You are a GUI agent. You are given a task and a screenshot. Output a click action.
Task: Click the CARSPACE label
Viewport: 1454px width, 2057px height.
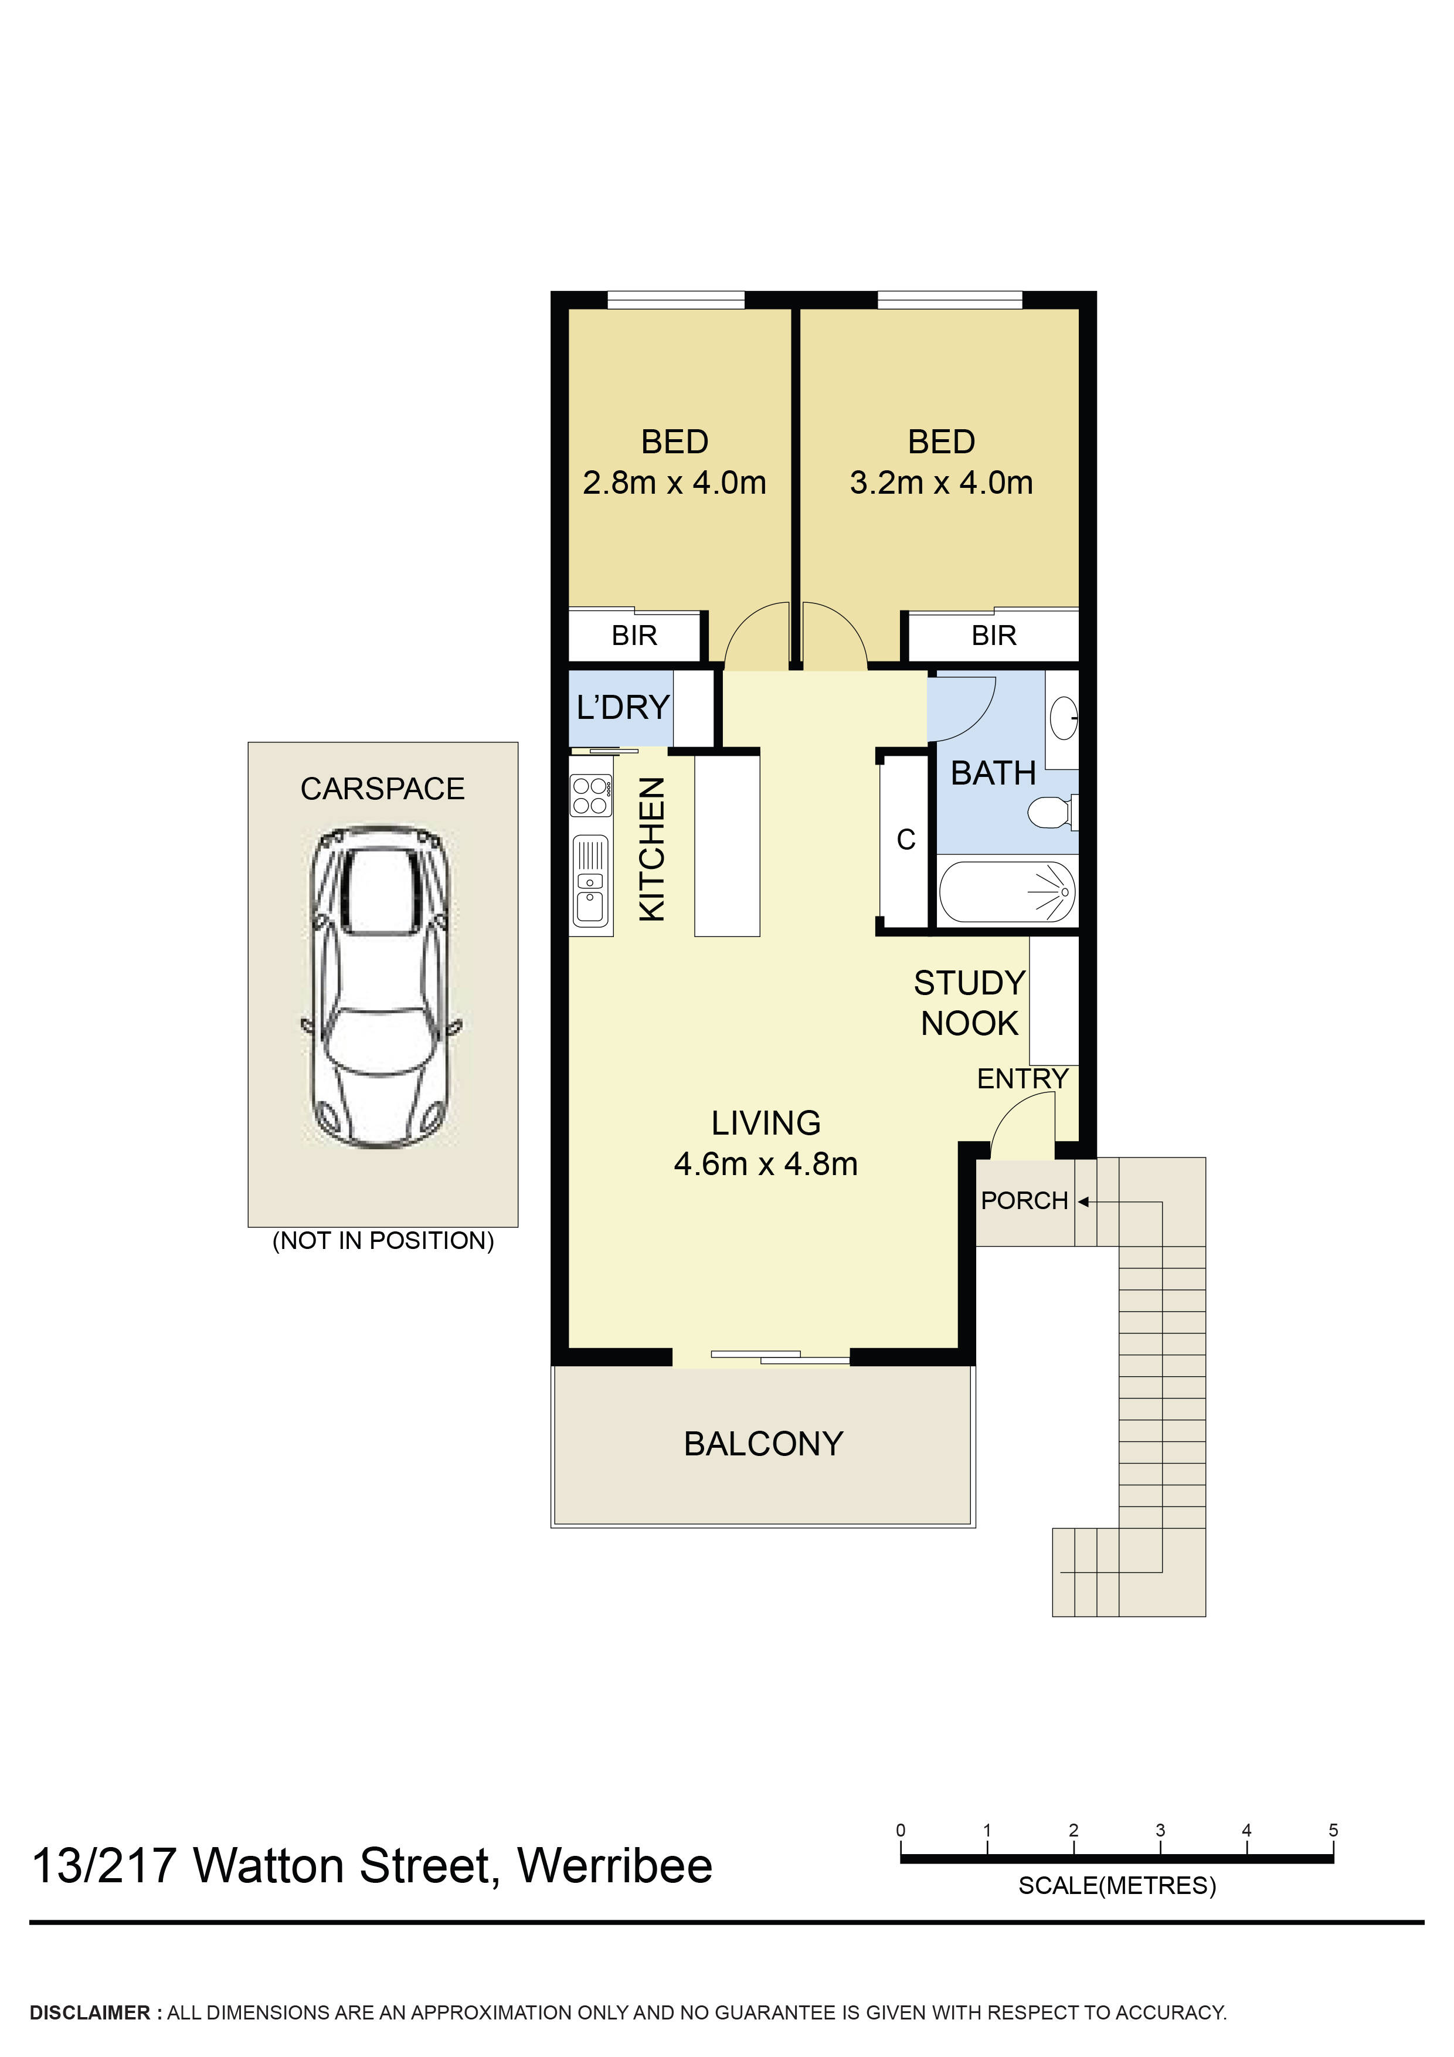point(382,789)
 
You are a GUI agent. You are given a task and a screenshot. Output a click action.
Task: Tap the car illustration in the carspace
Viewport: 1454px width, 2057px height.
point(380,986)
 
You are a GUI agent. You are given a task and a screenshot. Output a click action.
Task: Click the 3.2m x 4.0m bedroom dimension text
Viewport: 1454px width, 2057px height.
point(940,483)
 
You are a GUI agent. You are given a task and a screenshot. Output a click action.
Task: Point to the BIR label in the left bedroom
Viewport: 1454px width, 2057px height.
point(634,635)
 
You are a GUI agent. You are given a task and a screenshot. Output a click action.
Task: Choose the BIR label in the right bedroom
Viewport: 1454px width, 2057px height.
point(994,635)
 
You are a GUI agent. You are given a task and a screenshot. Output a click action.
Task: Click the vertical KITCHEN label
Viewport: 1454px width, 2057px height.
point(652,848)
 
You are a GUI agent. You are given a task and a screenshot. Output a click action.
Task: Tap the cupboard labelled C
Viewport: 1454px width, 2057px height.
point(906,840)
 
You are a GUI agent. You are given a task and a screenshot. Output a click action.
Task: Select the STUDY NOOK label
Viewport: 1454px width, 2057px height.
point(969,1003)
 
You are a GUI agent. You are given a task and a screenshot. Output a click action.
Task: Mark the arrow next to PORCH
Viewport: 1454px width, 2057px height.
point(1083,1201)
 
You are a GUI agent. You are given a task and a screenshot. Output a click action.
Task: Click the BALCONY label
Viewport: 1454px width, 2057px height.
point(763,1443)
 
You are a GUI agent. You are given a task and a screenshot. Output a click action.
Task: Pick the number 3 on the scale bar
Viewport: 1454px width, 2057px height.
point(1159,1829)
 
